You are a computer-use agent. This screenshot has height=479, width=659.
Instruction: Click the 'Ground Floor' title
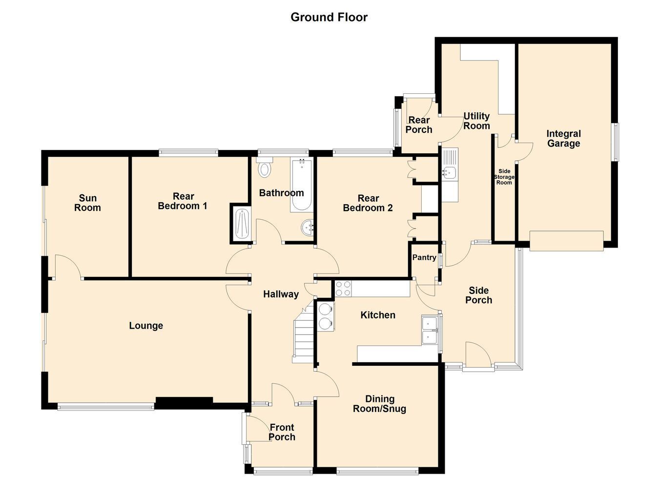(329, 17)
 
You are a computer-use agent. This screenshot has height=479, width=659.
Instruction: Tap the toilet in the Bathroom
(265, 167)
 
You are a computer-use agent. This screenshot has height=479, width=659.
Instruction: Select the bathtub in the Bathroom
(301, 185)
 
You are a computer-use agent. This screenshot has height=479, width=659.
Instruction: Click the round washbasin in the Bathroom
(308, 228)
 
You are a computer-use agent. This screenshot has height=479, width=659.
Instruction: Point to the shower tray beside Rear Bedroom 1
(242, 224)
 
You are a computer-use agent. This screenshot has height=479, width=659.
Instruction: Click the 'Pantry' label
(424, 257)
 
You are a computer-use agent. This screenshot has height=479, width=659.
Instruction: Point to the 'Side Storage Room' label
(504, 177)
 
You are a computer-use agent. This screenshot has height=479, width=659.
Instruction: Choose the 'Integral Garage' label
(563, 139)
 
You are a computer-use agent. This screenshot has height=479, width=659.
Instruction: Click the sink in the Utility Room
(450, 175)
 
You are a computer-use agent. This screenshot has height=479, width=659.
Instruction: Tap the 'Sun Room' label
(87, 203)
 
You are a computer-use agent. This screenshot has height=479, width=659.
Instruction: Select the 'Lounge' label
(146, 326)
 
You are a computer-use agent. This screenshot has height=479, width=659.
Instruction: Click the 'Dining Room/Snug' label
(379, 404)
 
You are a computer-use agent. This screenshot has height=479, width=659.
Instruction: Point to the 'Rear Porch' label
(419, 125)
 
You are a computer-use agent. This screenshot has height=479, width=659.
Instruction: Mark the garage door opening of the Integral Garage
(567, 241)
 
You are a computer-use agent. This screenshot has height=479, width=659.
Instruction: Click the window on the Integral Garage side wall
(616, 142)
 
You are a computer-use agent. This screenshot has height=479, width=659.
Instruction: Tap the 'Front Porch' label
(282, 432)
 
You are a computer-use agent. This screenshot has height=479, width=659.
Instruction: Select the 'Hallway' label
(281, 294)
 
